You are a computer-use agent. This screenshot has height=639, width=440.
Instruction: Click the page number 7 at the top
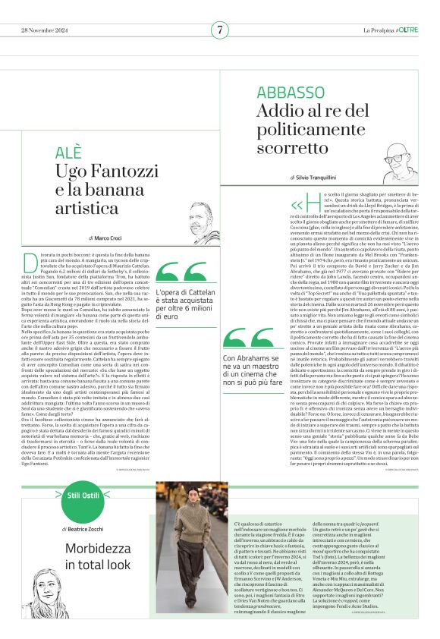click(x=219, y=30)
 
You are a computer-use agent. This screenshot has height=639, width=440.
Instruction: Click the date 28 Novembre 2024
click(x=45, y=30)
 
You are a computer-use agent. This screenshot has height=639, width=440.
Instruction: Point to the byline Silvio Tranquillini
click(x=318, y=177)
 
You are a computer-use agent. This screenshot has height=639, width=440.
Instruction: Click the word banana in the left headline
click(x=118, y=188)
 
